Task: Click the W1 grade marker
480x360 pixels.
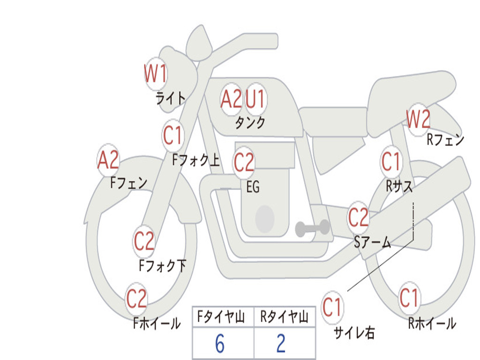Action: tap(155, 74)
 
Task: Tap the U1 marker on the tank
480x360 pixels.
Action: tap(255, 99)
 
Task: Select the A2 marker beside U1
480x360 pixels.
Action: tap(231, 99)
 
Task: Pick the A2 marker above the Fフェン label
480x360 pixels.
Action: tap(108, 160)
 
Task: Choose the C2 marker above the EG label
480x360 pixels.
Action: tap(244, 162)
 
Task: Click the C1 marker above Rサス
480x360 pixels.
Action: tap(390, 162)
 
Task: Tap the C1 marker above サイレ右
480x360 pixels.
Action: tap(332, 307)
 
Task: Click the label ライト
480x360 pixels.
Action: tap(171, 98)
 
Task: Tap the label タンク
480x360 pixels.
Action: tap(250, 123)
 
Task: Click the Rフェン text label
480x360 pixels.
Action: tap(445, 140)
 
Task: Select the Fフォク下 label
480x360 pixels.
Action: tap(163, 266)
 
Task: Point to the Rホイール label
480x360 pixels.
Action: tap(432, 323)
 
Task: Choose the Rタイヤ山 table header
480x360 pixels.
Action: tap(285, 317)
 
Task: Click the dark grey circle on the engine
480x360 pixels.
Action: tap(265, 218)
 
